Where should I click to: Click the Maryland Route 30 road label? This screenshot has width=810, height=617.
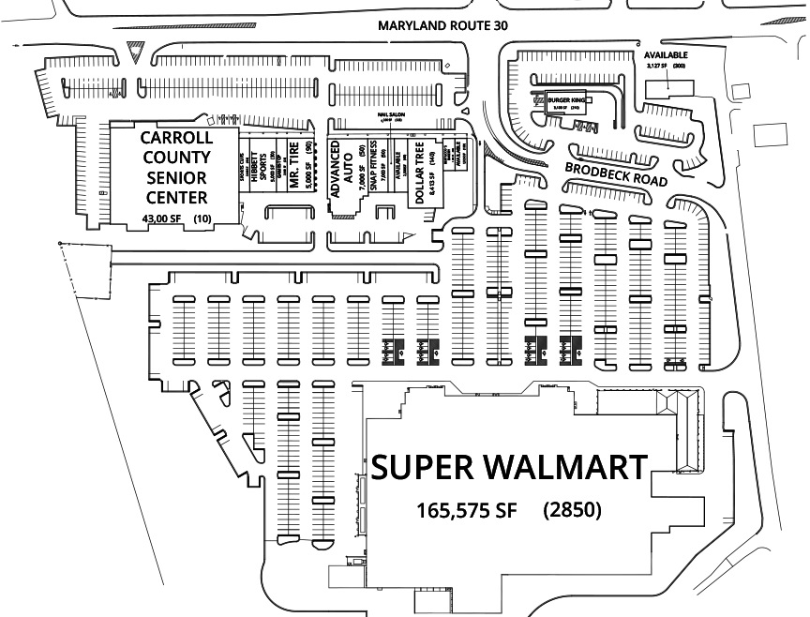coord(442,26)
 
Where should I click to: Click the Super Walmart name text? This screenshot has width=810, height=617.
coord(509,467)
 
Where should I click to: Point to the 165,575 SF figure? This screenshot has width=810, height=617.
coord(466,511)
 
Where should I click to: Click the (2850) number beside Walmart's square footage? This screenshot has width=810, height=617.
coord(571,511)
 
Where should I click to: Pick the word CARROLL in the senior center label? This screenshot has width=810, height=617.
coord(176,137)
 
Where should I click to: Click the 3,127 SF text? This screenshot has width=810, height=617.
coord(661,67)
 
